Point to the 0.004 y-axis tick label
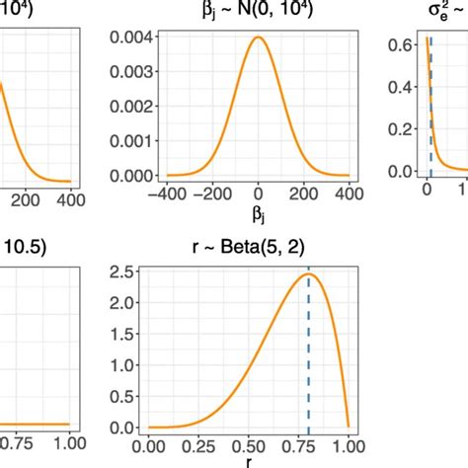click(x=132, y=39)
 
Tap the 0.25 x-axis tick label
click(x=201, y=445)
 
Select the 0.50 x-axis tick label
click(x=255, y=445)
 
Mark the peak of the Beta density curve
click(x=308, y=275)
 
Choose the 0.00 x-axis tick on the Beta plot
click(x=148, y=445)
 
